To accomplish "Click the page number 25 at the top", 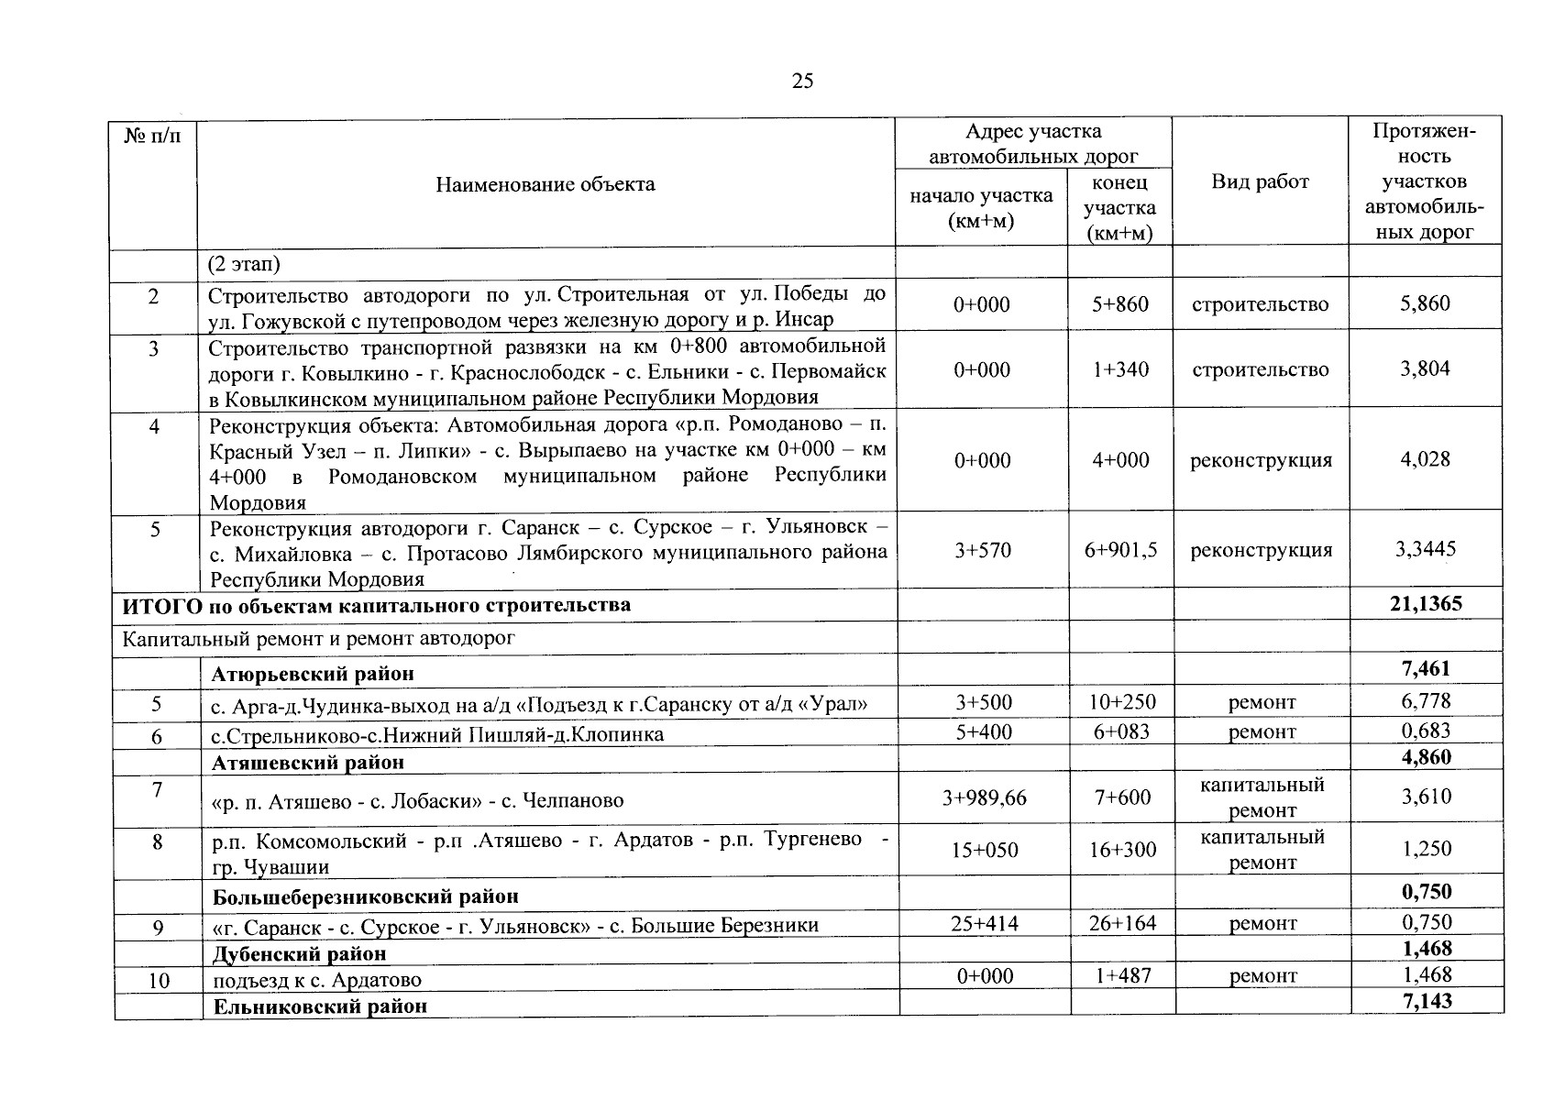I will [x=802, y=82].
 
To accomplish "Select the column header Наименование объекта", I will [x=545, y=184].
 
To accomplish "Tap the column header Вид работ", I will [x=1260, y=181].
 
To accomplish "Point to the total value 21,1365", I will [x=1426, y=603].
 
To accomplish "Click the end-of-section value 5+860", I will [x=1119, y=304].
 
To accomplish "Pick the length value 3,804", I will [x=1425, y=368].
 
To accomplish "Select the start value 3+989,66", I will [x=984, y=798].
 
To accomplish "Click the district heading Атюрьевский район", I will [x=313, y=674].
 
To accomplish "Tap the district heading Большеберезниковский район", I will [x=366, y=896].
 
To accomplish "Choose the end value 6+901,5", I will [x=1119, y=550].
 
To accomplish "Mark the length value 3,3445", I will [x=1425, y=549].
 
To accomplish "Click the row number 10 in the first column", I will [x=159, y=980].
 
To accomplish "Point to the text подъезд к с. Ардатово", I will [x=317, y=980].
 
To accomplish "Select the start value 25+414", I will [x=984, y=923].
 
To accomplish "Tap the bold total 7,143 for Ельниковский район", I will [x=1427, y=1001].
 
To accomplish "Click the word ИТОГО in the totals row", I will [x=154, y=605].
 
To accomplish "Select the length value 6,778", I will [x=1425, y=701].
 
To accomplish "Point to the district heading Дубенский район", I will [x=299, y=953].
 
